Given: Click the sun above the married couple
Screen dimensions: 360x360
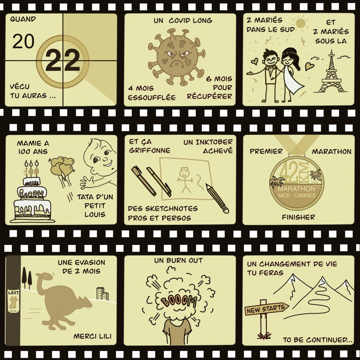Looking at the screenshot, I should [x=301, y=24].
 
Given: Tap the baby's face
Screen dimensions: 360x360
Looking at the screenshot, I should [x=102, y=158].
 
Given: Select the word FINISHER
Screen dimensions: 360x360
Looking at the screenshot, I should [x=298, y=217].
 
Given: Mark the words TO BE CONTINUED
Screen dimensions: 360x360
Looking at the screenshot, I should [x=318, y=340].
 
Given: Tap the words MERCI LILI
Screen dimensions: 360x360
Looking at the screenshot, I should [x=92, y=336].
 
